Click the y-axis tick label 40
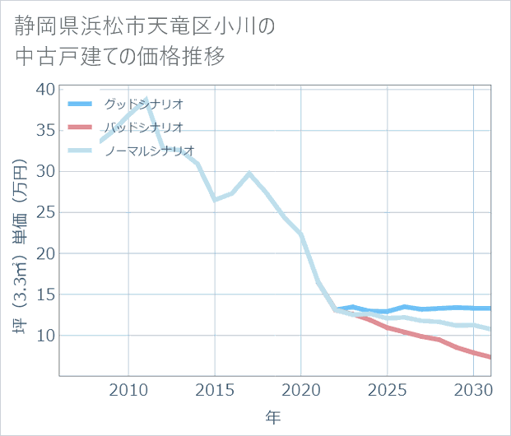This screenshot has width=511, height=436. [x=45, y=89]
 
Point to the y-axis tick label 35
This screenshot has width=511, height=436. [x=45, y=130]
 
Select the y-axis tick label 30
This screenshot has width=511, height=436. [x=45, y=171]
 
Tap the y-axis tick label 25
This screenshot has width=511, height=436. [x=45, y=212]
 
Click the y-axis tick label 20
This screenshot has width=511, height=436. [x=45, y=253]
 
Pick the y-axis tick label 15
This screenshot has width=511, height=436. [x=45, y=295]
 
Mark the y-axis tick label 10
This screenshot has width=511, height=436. [x=45, y=336]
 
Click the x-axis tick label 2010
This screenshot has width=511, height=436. [x=128, y=389]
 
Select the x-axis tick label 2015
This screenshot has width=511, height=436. [x=215, y=389]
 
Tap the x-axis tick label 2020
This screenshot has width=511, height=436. [x=301, y=389]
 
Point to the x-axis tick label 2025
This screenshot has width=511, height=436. [x=388, y=389]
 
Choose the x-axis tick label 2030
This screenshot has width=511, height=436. [x=473, y=389]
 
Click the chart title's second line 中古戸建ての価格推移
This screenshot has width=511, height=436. [x=119, y=57]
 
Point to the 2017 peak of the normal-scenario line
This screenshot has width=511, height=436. [x=249, y=174]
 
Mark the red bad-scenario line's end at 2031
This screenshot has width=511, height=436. [x=490, y=357]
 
